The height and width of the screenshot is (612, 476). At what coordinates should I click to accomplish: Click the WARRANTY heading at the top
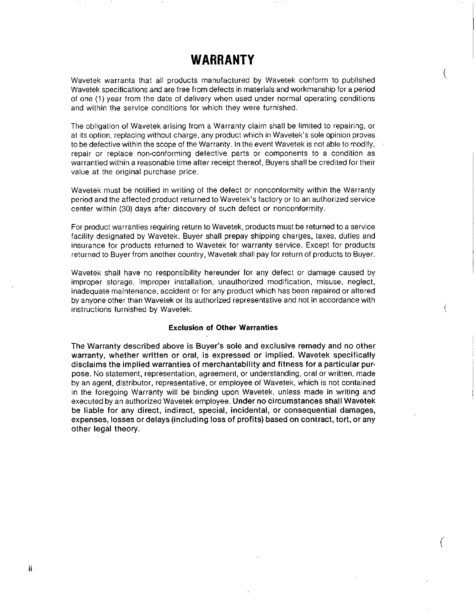click(223, 60)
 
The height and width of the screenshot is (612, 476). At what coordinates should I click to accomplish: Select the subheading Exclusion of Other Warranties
click(223, 328)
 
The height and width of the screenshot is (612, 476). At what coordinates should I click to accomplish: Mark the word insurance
click(87, 245)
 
